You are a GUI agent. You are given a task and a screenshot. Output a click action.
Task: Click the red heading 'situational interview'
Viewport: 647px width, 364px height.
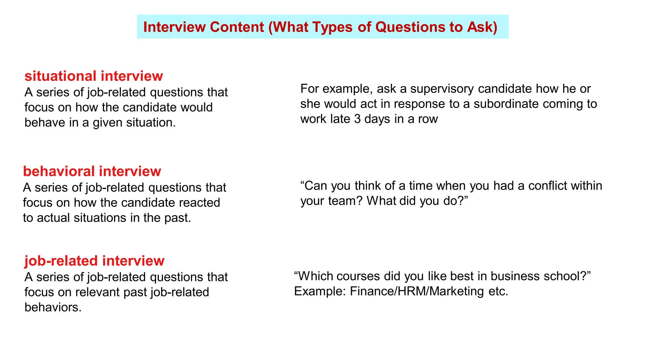click(94, 76)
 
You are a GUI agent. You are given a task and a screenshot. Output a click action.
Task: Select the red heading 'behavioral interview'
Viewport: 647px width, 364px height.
click(92, 171)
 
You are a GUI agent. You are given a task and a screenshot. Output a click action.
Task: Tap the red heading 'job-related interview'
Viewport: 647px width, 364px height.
click(94, 261)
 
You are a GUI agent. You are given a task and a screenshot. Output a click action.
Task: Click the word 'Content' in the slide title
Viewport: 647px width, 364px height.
click(237, 27)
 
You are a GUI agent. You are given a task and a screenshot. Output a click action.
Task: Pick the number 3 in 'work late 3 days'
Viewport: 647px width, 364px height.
click(357, 119)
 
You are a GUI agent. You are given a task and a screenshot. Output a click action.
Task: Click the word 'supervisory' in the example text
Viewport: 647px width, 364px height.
click(442, 89)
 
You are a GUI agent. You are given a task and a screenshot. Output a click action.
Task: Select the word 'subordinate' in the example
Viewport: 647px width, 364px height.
click(504, 104)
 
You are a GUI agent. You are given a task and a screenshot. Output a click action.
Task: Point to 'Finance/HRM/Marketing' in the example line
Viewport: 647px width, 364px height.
click(417, 291)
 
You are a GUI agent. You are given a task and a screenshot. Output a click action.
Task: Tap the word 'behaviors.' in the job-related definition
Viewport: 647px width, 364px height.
click(53, 307)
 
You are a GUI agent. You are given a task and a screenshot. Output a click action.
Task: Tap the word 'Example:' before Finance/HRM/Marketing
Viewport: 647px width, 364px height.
click(320, 291)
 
